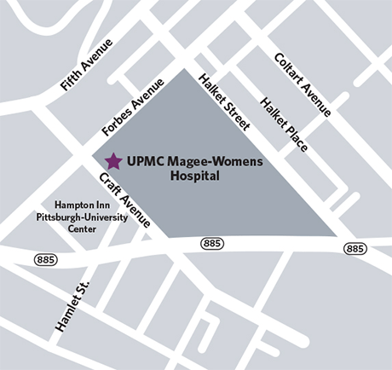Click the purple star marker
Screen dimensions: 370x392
[112, 160]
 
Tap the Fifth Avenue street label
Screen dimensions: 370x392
[88, 65]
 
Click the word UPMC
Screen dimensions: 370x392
[143, 160]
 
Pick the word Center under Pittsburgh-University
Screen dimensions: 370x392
[69, 228]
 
